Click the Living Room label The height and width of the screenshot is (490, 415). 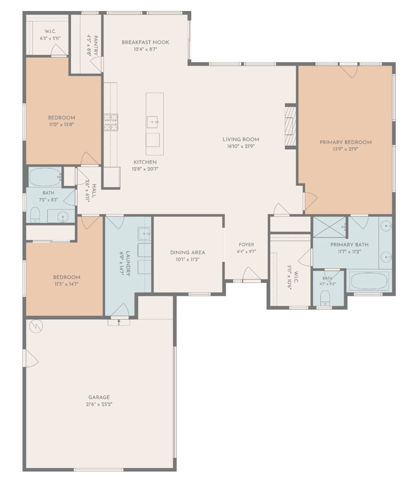click(241, 139)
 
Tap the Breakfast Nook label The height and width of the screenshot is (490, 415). click(145, 42)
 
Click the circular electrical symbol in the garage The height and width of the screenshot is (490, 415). click(36, 326)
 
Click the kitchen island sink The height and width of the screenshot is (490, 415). click(153, 122)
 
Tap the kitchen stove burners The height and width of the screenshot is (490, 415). click(111, 122)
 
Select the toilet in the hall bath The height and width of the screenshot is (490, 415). click(35, 214)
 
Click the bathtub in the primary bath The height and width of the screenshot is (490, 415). click(369, 282)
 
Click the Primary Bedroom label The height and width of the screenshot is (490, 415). click(346, 142)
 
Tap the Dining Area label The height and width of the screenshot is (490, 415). click(188, 252)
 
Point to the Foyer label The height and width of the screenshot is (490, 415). click(246, 245)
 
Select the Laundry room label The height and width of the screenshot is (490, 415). click(128, 264)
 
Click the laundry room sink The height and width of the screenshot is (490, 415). click(144, 234)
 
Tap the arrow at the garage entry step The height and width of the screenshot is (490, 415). click(119, 322)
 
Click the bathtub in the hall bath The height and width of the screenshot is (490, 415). click(45, 177)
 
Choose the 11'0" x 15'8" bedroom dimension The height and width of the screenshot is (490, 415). click(61, 125)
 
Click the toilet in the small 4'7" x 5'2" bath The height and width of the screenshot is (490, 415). click(325, 298)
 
